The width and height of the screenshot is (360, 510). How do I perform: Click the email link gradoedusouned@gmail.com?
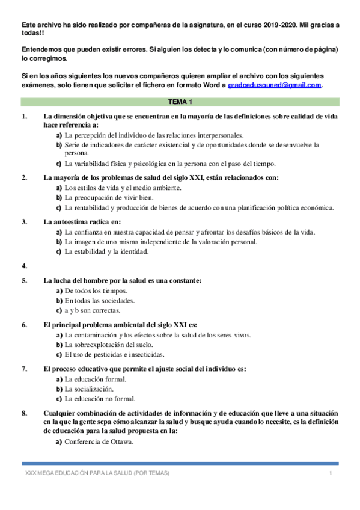click(275, 85)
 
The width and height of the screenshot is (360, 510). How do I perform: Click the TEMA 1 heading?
click(180, 102)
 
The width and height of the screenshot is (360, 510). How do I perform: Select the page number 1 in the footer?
click(331, 474)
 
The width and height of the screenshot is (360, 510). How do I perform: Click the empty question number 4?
click(24, 265)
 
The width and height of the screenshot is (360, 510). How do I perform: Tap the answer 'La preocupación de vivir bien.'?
click(108, 198)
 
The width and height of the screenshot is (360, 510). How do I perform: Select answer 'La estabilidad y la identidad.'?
click(106, 251)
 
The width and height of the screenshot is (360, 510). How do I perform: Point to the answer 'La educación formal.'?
click(96, 379)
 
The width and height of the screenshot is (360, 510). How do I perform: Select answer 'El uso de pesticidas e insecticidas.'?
click(114, 354)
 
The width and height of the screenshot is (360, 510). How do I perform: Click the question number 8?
click(24, 413)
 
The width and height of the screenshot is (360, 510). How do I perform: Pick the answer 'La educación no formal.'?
click(100, 398)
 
